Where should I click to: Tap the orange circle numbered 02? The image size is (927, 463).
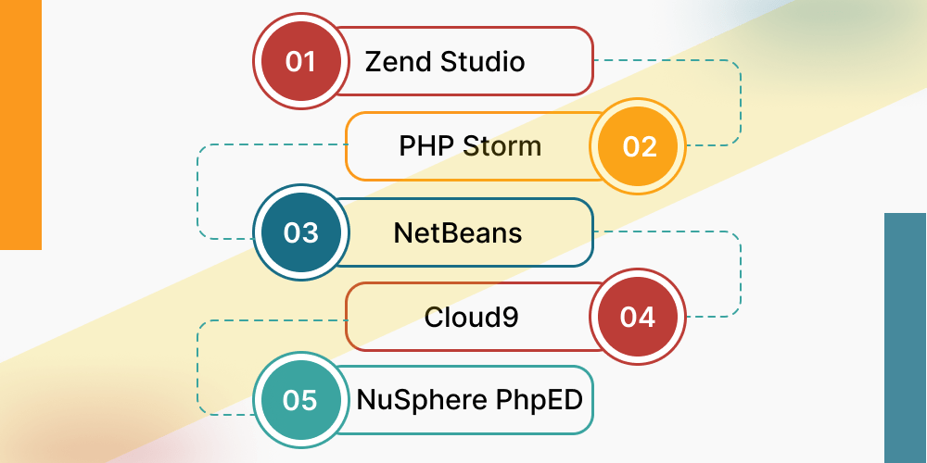click(x=639, y=146)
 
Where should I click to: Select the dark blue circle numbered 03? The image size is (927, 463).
click(x=300, y=231)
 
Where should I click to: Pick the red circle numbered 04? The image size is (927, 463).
click(x=638, y=318)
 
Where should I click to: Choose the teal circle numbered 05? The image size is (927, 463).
click(x=300, y=401)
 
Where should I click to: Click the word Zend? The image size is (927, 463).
click(x=399, y=62)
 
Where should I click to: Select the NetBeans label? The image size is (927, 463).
click(x=458, y=232)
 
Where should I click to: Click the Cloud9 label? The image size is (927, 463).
click(x=471, y=318)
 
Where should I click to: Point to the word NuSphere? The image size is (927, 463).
click(x=423, y=401)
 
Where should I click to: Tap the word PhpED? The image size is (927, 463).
click(x=540, y=401)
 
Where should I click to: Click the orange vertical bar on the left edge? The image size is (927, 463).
click(x=20, y=125)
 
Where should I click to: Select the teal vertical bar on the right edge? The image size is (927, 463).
click(x=905, y=338)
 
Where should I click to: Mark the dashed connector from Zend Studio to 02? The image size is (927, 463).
click(x=740, y=102)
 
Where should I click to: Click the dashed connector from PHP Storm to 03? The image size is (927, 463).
click(x=197, y=190)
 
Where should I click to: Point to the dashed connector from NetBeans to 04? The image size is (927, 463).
click(x=740, y=274)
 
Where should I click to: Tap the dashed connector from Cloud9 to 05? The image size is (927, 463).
click(x=197, y=366)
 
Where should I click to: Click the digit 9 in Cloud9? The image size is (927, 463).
click(x=510, y=318)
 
